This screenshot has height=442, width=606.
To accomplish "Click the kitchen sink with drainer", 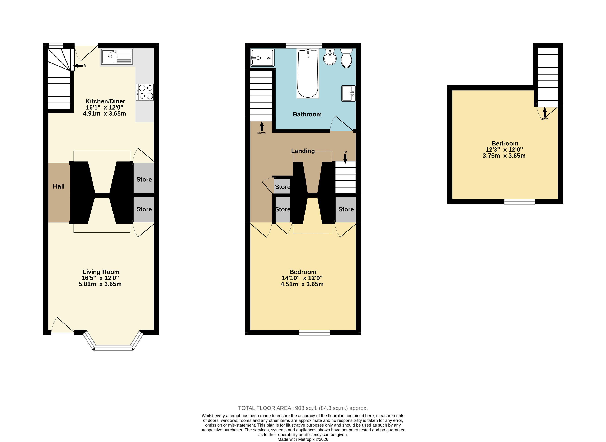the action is (x=117, y=56).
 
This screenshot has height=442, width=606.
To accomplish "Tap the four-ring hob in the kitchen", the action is (x=145, y=92).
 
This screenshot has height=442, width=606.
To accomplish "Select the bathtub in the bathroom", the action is (x=308, y=74).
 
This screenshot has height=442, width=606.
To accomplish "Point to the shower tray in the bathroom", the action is (x=262, y=58).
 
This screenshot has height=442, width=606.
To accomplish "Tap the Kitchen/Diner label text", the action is (x=105, y=101).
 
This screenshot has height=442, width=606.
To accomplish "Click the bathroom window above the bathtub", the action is (x=304, y=46).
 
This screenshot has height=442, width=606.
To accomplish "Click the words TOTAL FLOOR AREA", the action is (x=265, y=408).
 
